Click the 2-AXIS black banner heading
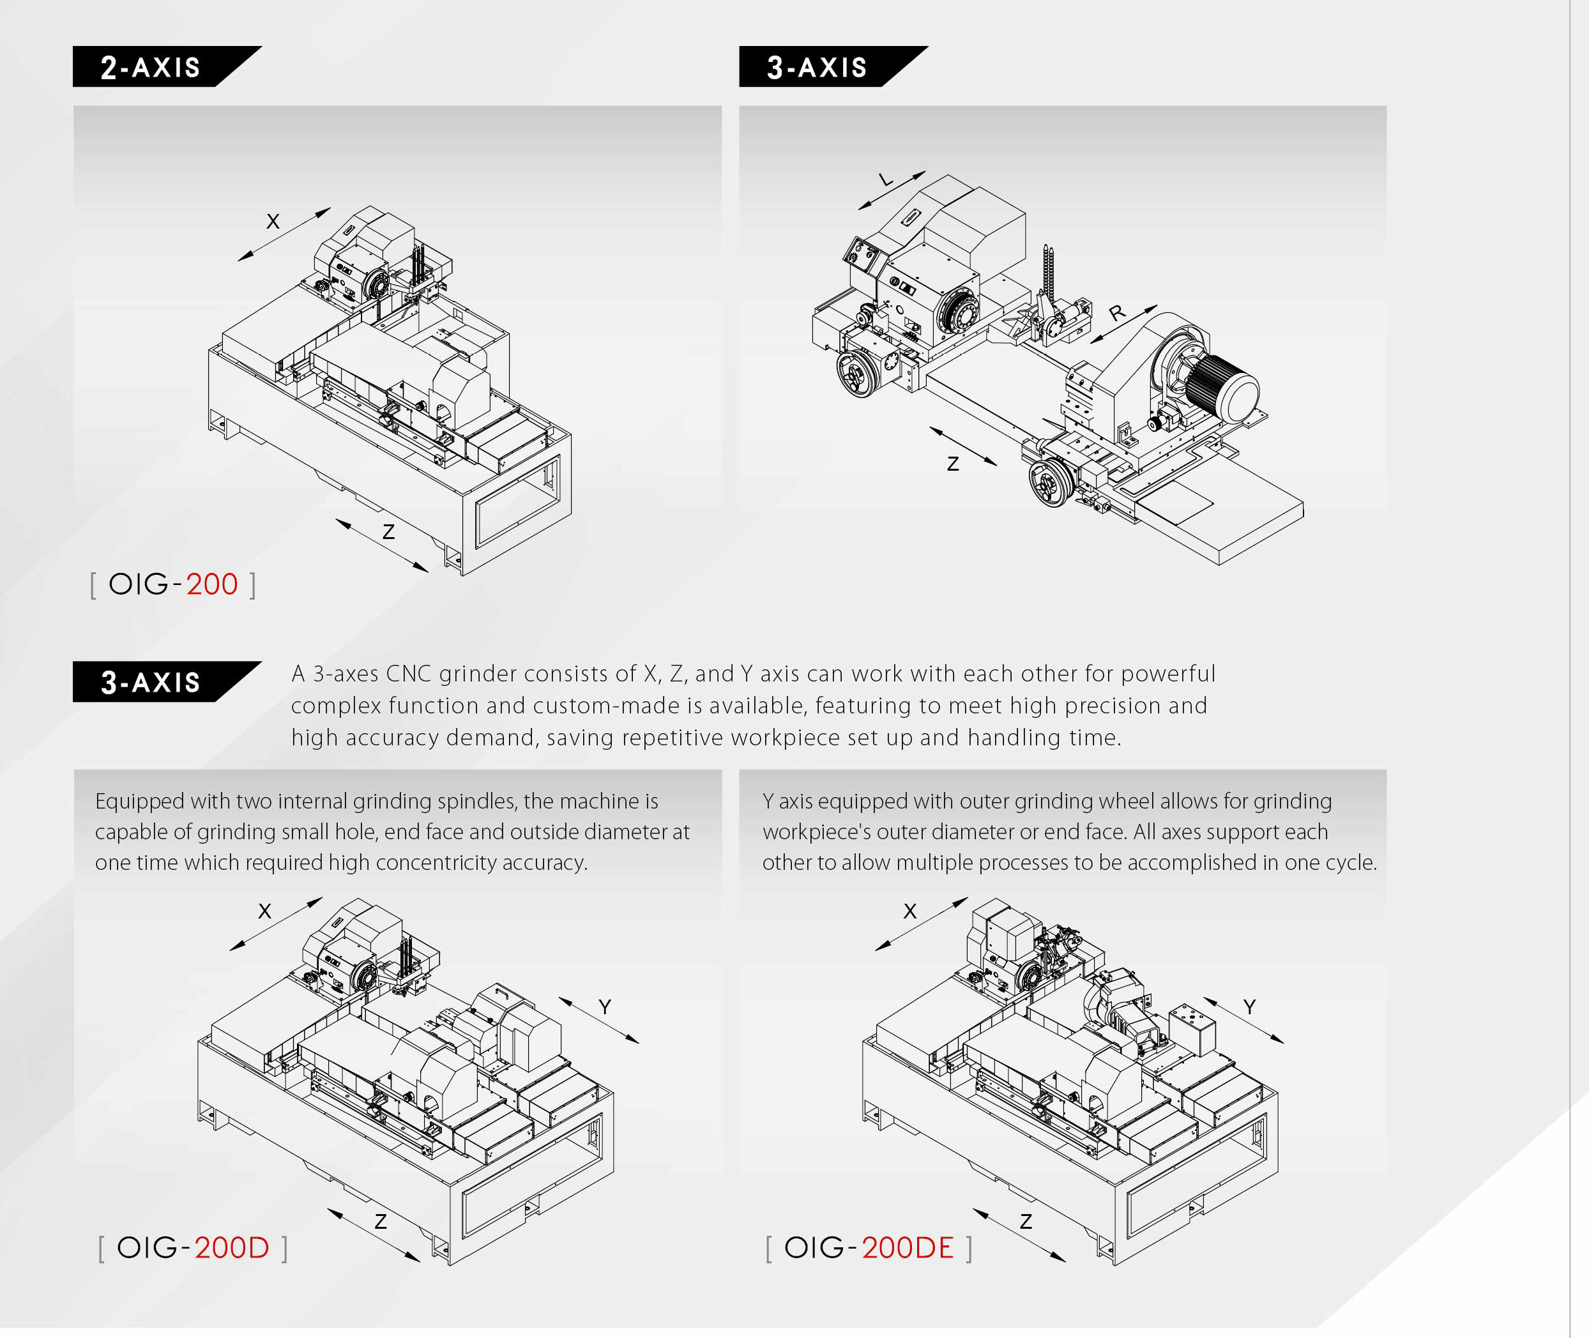tap(167, 67)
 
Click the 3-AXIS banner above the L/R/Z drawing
tap(833, 67)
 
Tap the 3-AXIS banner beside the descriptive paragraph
tap(167, 682)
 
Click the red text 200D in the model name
tap(231, 1248)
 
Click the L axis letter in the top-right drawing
tap(885, 179)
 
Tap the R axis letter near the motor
tap(1117, 312)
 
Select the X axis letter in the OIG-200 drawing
tap(273, 222)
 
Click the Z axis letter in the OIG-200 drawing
tap(388, 533)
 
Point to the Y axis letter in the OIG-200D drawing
tap(605, 1007)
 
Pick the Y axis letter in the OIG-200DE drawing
tap(1249, 1007)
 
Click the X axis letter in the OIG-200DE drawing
tap(910, 911)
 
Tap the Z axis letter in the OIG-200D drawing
tap(381, 1221)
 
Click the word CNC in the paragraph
tap(409, 674)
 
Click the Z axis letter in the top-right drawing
tap(954, 464)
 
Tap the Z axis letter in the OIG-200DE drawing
tap(1026, 1221)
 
